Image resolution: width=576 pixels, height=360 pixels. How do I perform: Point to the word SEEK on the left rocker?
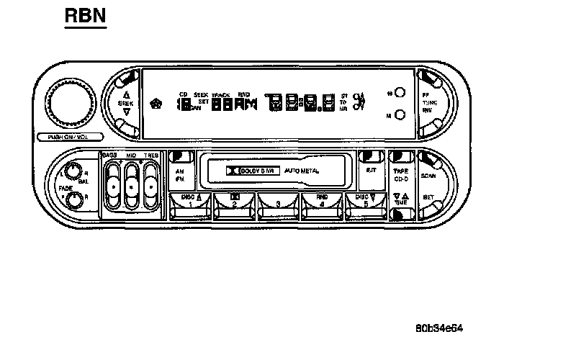click(x=126, y=104)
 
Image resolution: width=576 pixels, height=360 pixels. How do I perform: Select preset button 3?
click(x=279, y=206)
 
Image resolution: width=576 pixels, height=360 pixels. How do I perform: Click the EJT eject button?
click(x=372, y=171)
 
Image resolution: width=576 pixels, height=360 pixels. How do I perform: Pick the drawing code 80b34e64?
click(x=438, y=328)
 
